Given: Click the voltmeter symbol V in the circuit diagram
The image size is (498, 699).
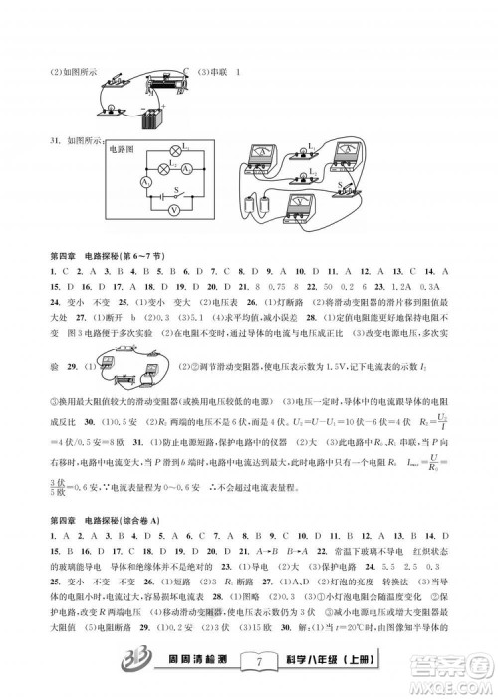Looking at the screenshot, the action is coord(175,211).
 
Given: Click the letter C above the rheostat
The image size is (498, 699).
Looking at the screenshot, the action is coord(185,69).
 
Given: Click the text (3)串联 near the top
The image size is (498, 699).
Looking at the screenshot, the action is coord(212,71).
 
